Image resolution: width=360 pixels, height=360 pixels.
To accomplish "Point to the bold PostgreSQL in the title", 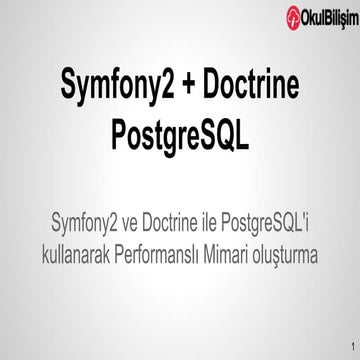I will click(x=179, y=131).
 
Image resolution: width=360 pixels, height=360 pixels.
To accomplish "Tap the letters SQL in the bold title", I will click(x=221, y=131).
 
